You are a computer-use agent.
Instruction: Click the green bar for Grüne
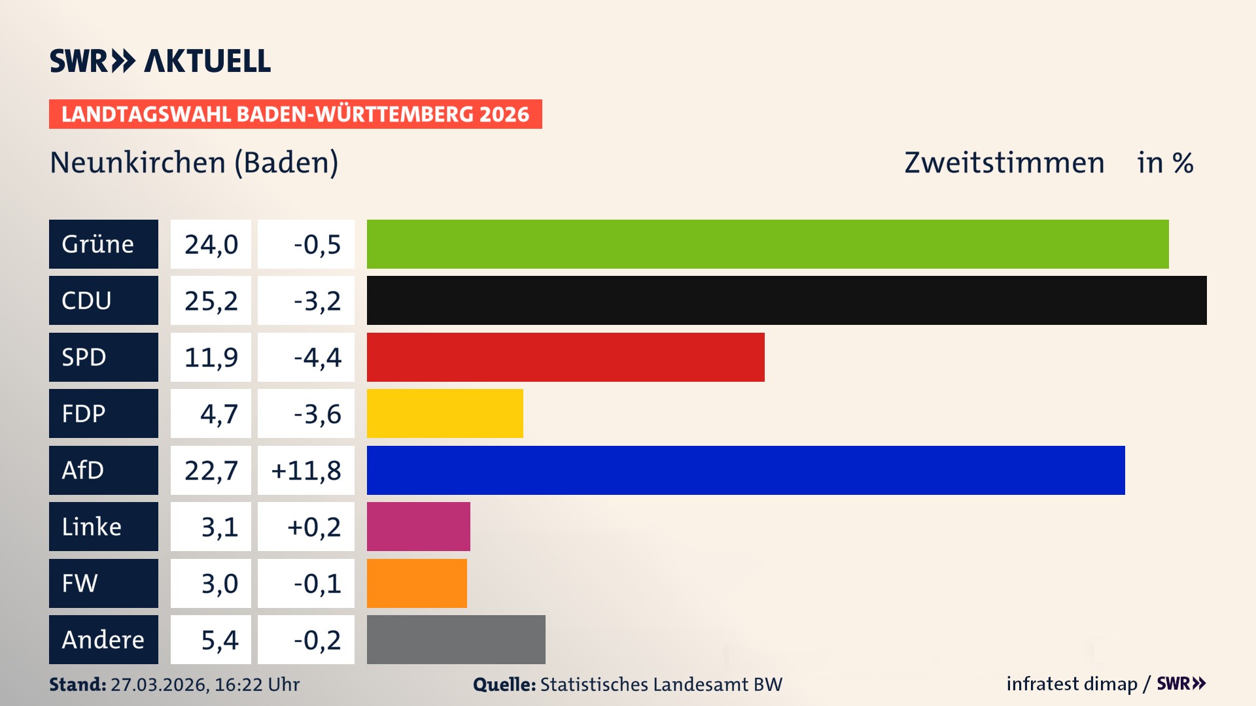tap(767, 244)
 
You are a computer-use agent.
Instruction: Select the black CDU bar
tap(786, 301)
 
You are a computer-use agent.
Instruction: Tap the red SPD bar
tap(565, 357)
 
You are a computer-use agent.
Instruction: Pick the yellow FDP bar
tap(445, 413)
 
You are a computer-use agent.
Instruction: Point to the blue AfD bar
tap(746, 470)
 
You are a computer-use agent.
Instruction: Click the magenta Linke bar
tap(418, 526)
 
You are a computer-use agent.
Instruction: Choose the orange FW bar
tap(417, 583)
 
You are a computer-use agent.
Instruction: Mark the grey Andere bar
tap(456, 639)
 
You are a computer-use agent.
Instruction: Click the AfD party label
tap(103, 470)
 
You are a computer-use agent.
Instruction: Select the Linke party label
tap(103, 526)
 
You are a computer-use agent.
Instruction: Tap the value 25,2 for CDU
tap(211, 301)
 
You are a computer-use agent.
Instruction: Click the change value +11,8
tap(306, 470)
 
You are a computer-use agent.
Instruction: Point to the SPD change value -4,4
tap(317, 357)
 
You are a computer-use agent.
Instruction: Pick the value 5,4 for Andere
tap(219, 639)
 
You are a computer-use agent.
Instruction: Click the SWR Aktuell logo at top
tap(160, 61)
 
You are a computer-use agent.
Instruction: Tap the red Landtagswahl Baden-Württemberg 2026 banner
tap(295, 114)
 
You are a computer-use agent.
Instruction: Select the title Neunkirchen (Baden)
tap(194, 162)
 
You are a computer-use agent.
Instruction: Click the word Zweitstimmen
tap(1004, 162)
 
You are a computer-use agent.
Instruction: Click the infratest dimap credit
tap(1072, 684)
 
